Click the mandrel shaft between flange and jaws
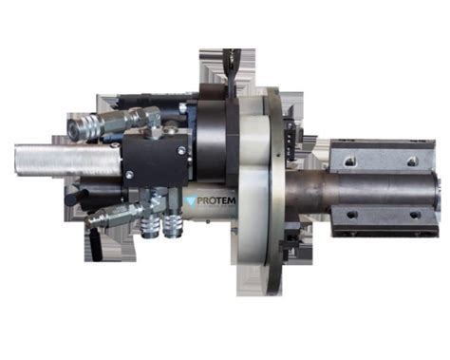pos(313,190)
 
